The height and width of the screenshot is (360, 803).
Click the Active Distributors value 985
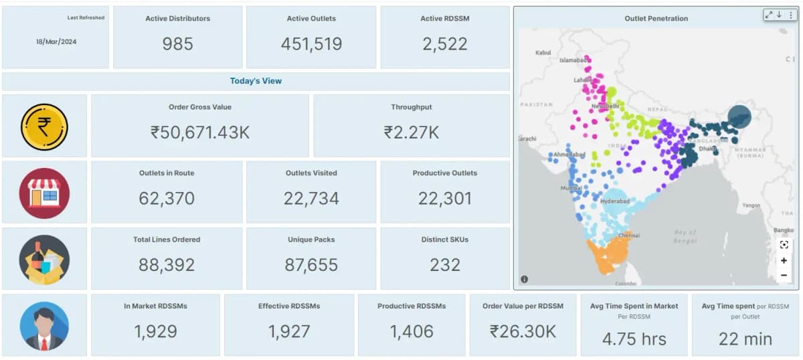(177, 44)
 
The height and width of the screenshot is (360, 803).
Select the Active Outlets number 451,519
(311, 44)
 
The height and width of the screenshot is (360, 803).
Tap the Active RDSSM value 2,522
(445, 44)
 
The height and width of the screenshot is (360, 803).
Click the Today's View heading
(256, 81)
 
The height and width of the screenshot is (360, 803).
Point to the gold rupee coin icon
(44, 126)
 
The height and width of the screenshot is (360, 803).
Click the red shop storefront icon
(44, 193)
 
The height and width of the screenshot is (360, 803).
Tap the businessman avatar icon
(44, 326)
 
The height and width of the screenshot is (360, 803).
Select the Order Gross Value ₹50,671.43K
(200, 132)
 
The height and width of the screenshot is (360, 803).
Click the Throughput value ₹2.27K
(412, 132)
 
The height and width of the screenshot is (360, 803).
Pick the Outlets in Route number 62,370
(167, 199)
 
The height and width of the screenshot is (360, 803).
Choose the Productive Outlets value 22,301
(445, 199)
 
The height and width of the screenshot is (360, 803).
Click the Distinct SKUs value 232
(445, 265)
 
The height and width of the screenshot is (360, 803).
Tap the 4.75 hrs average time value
(634, 339)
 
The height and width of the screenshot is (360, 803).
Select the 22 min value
(745, 339)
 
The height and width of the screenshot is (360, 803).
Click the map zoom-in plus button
(784, 260)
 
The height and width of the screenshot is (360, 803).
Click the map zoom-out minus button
(784, 275)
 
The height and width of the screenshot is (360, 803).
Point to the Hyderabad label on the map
(615, 201)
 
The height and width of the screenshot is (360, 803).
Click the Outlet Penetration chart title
(656, 19)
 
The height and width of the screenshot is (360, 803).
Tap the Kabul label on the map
(543, 52)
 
